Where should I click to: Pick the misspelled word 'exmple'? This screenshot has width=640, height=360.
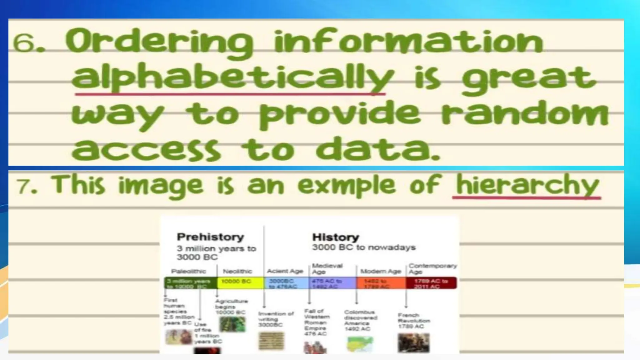pos(346,185)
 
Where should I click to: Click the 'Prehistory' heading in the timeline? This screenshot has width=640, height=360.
pos(210,237)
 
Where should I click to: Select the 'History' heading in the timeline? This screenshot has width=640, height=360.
pos(336,237)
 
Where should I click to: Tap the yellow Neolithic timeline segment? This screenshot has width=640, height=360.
pos(240,282)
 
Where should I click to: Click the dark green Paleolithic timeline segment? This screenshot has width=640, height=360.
pos(191,283)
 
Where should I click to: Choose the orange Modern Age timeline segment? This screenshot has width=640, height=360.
pos(381,283)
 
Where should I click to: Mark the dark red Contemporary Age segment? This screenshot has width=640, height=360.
pos(431,283)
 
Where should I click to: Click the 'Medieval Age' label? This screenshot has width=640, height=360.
pos(327,268)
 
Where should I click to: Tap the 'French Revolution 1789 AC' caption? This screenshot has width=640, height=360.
pos(413,321)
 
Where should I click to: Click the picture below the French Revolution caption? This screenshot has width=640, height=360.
pos(413,343)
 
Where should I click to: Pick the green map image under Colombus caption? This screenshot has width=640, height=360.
pos(360,344)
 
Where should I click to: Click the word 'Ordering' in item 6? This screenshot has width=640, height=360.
pos(159,42)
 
